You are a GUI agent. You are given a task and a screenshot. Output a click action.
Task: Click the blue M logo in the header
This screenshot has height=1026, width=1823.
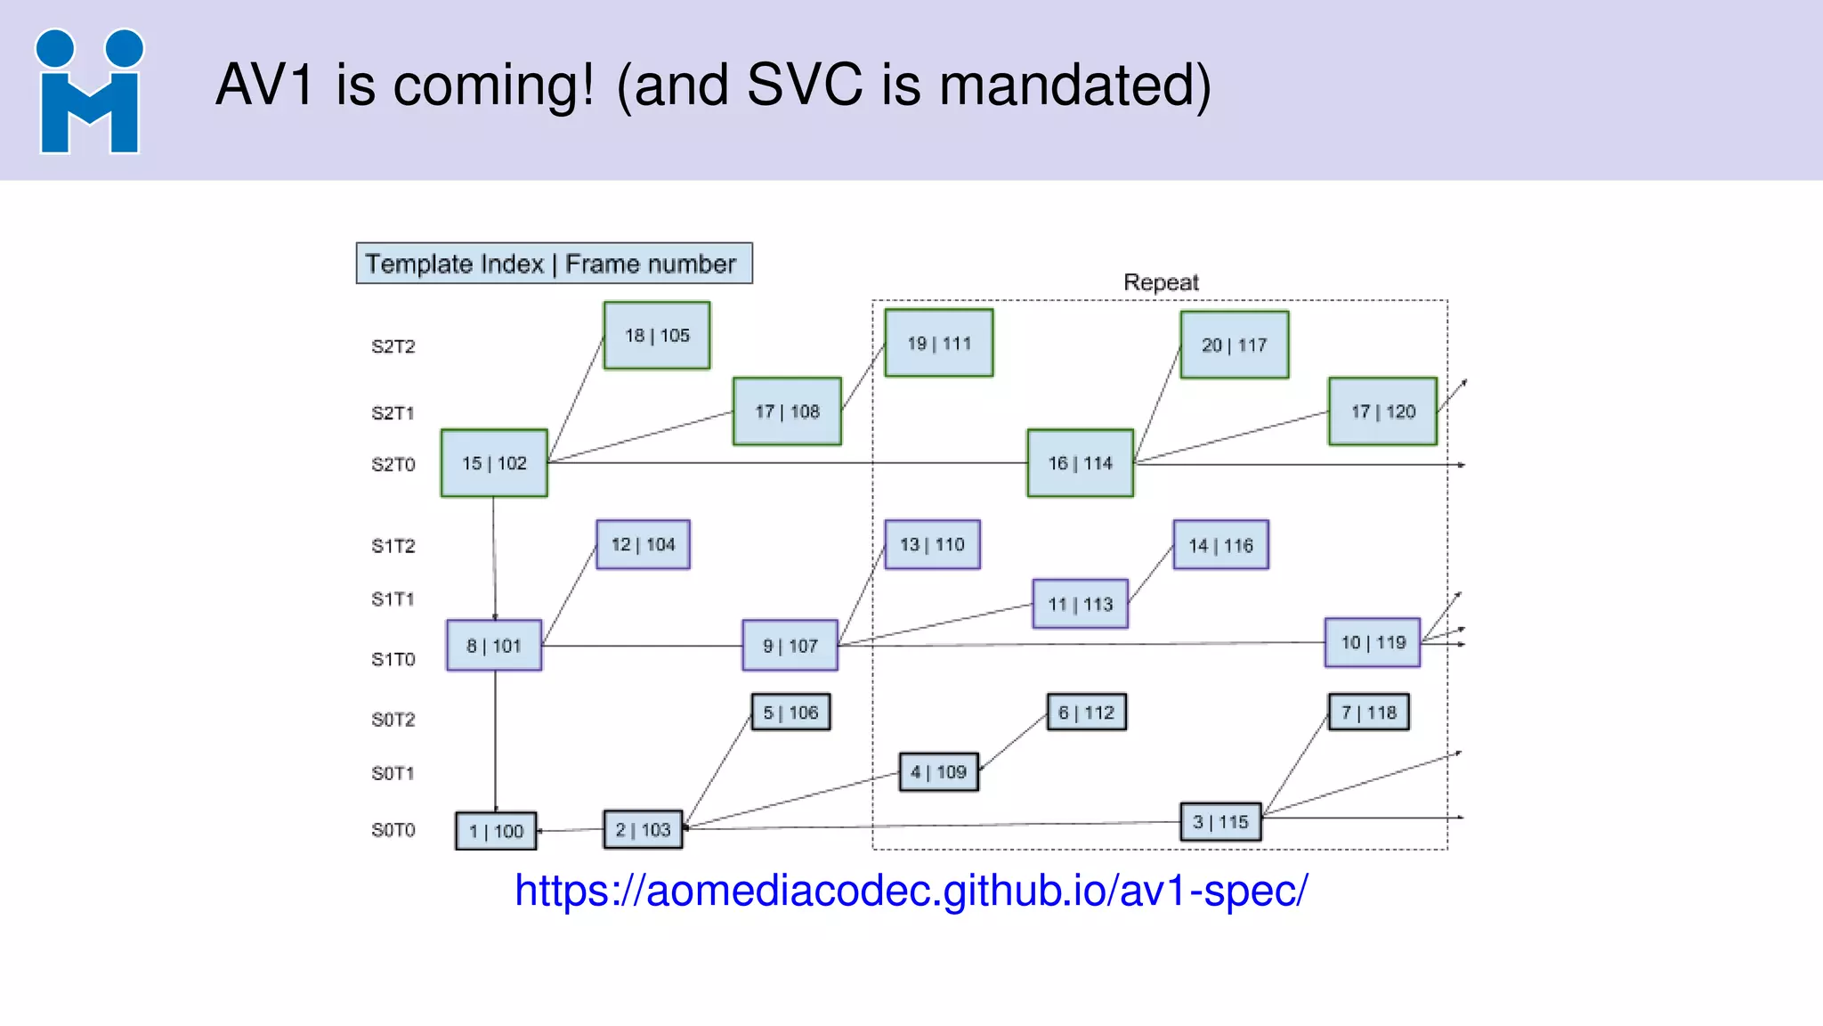[89, 92]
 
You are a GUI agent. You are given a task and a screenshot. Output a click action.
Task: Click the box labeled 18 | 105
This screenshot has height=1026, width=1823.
[657, 336]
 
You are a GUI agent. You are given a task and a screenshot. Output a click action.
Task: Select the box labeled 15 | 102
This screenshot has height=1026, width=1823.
[494, 463]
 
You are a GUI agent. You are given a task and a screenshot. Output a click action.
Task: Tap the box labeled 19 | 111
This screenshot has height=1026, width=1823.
[939, 344]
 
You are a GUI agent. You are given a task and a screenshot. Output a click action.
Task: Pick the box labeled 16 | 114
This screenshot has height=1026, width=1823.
[1081, 463]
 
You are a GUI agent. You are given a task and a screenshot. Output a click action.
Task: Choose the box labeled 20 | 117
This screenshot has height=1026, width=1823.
[1235, 345]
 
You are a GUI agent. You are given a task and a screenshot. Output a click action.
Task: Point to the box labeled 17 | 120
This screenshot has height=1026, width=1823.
[1382, 411]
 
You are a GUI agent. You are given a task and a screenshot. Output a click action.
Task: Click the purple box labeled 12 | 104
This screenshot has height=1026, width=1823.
[643, 545]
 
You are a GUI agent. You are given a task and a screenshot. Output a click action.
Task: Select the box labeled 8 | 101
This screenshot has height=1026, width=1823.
[494, 646]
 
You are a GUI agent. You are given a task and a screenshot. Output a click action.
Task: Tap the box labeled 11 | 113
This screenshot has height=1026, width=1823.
[1081, 605]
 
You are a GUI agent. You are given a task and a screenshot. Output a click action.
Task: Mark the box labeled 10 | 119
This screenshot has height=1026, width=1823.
[1373, 642]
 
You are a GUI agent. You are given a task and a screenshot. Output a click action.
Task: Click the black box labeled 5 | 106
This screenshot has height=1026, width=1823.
[790, 712]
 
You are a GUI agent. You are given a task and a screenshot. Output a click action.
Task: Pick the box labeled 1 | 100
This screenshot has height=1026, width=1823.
[496, 831]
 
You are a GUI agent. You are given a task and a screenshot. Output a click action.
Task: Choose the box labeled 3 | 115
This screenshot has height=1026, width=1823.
[1220, 822]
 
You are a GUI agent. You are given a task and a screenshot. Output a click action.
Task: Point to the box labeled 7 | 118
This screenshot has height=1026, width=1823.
[1368, 712]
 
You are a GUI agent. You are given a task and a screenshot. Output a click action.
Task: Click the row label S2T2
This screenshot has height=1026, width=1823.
[393, 346]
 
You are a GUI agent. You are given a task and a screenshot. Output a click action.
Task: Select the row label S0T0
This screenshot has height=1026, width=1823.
[393, 830]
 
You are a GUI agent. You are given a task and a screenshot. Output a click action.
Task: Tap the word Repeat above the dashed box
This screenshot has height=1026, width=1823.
[1161, 282]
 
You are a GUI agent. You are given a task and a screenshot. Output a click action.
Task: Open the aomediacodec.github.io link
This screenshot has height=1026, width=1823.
[911, 891]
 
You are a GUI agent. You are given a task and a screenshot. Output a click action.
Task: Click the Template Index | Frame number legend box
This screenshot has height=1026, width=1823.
[554, 264]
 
